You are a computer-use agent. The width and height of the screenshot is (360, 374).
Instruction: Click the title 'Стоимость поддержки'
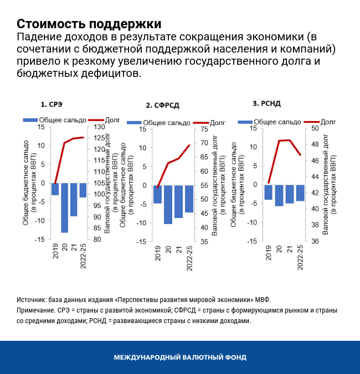(89, 24)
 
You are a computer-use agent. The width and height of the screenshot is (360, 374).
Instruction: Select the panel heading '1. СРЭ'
(52, 103)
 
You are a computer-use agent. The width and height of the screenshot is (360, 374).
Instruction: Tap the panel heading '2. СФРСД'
(162, 105)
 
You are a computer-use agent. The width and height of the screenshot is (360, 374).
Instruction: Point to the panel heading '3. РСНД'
(268, 103)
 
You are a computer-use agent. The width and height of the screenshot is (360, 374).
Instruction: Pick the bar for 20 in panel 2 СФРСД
(168, 204)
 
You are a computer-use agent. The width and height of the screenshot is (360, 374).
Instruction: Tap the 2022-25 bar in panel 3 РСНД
(300, 193)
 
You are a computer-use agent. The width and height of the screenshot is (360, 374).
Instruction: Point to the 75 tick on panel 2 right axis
(204, 129)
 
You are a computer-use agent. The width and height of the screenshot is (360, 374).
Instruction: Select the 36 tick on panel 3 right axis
(313, 241)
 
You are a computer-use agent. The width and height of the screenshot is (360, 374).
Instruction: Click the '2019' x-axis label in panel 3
(268, 253)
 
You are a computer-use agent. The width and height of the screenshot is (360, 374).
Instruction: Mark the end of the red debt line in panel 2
(189, 146)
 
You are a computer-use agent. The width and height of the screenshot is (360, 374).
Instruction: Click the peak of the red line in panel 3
(289, 140)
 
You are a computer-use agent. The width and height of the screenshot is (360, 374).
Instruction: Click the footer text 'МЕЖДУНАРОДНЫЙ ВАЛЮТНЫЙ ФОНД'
(180, 357)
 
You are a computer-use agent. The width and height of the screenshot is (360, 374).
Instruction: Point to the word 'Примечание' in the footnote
(35, 310)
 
